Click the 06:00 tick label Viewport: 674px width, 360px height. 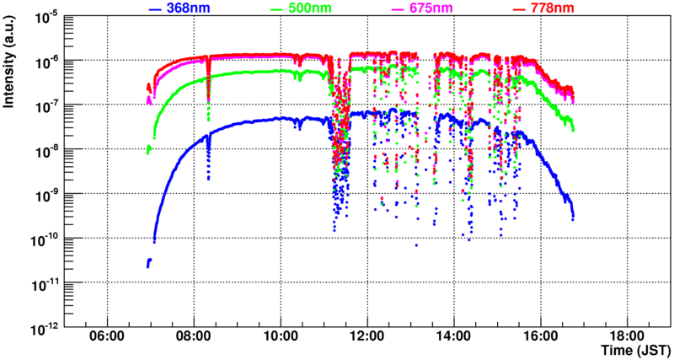click(x=107, y=336)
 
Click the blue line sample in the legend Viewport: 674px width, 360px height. click(x=153, y=9)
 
